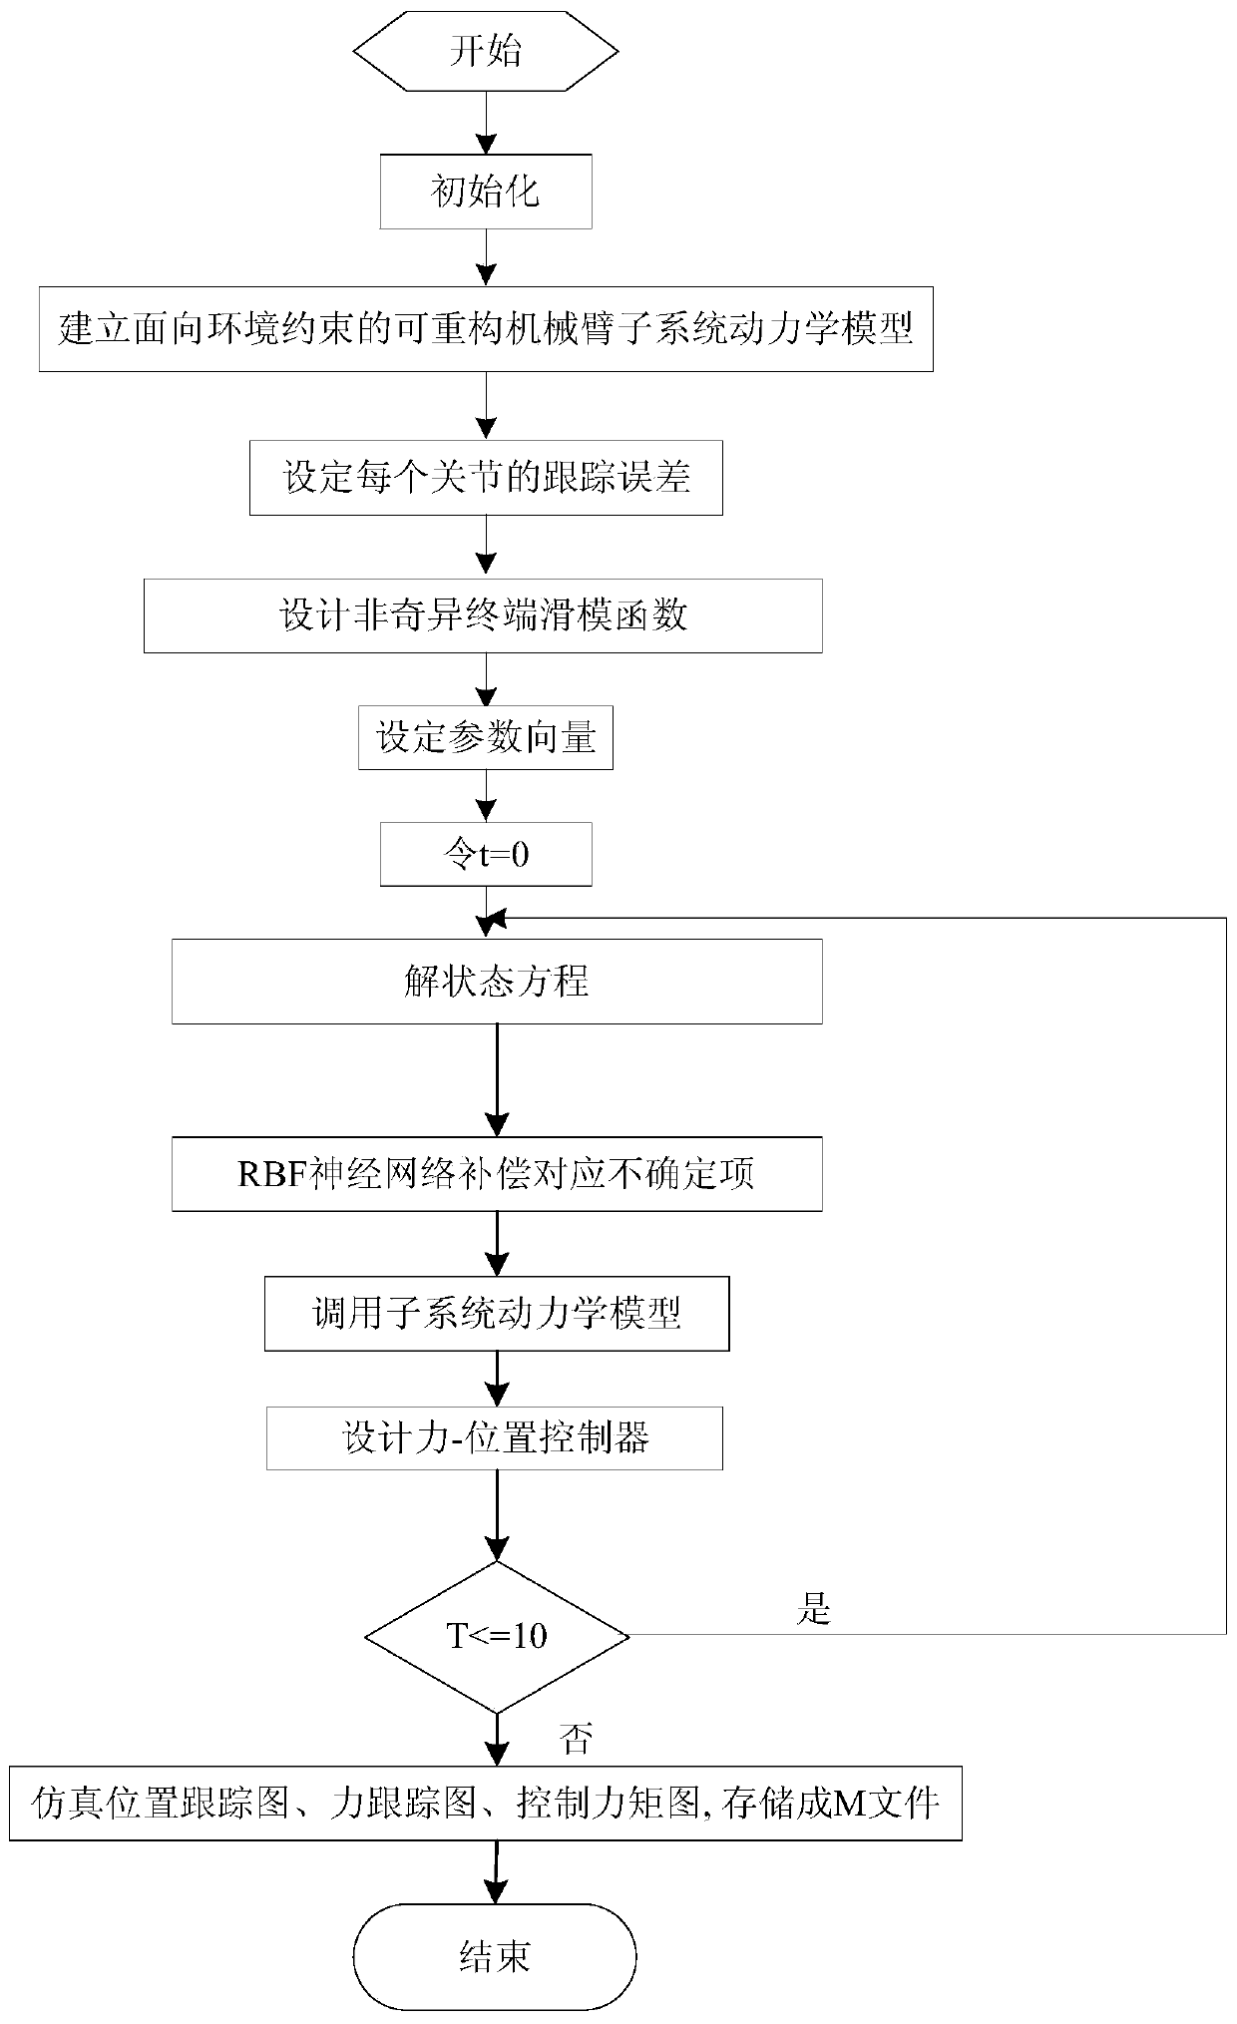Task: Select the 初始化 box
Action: click(485, 191)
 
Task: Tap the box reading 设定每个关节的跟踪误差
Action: click(486, 478)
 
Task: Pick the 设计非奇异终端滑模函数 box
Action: click(483, 615)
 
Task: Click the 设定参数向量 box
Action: click(486, 739)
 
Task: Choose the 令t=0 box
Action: click(486, 854)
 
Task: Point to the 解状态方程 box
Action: click(497, 981)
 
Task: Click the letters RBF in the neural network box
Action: click(267, 1175)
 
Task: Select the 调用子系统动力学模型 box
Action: click(497, 1313)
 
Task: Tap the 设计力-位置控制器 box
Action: click(495, 1438)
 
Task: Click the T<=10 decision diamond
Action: click(497, 1636)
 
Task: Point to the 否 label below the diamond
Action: click(577, 1740)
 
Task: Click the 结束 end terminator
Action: click(495, 1956)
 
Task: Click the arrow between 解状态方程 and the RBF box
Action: click(497, 1079)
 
